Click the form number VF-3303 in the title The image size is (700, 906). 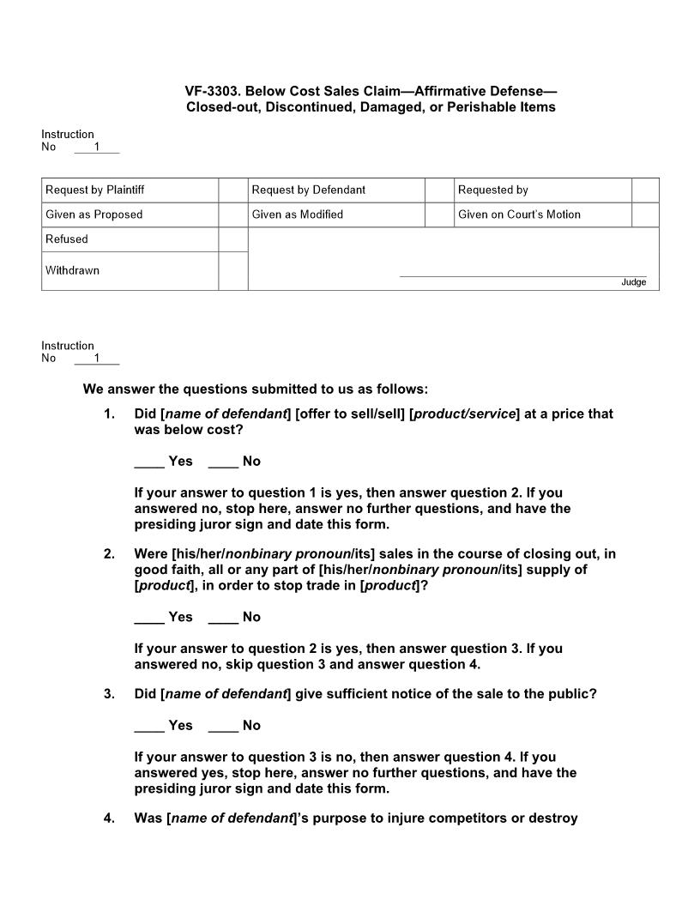point(211,91)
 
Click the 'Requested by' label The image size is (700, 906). point(492,190)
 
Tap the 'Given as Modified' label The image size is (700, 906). point(297,214)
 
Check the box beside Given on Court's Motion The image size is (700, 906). point(645,214)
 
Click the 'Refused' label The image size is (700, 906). point(67,239)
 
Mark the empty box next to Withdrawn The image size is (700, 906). point(232,270)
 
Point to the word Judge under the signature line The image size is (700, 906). point(633,282)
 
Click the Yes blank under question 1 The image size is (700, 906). point(149,462)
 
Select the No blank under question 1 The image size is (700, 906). point(223,462)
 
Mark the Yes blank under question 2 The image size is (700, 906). point(149,617)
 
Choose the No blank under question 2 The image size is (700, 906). point(223,617)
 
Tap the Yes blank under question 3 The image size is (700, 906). point(149,726)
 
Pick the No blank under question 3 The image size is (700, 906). point(223,726)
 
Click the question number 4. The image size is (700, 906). point(109,818)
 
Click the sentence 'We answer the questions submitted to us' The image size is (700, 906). point(255,389)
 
